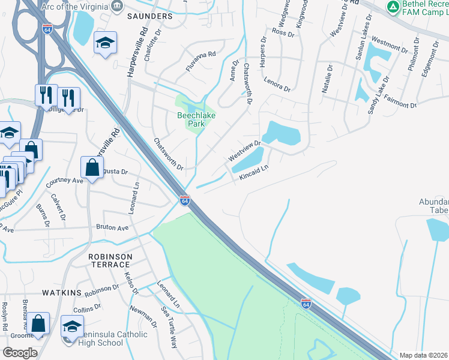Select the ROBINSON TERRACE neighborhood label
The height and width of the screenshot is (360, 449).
110,260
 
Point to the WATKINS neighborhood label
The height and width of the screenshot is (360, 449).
62,292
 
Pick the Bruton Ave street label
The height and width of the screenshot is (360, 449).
112,228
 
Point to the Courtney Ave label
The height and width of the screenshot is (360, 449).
64,180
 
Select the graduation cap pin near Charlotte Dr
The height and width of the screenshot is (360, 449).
105,44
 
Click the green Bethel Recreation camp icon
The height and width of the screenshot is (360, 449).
393,7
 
